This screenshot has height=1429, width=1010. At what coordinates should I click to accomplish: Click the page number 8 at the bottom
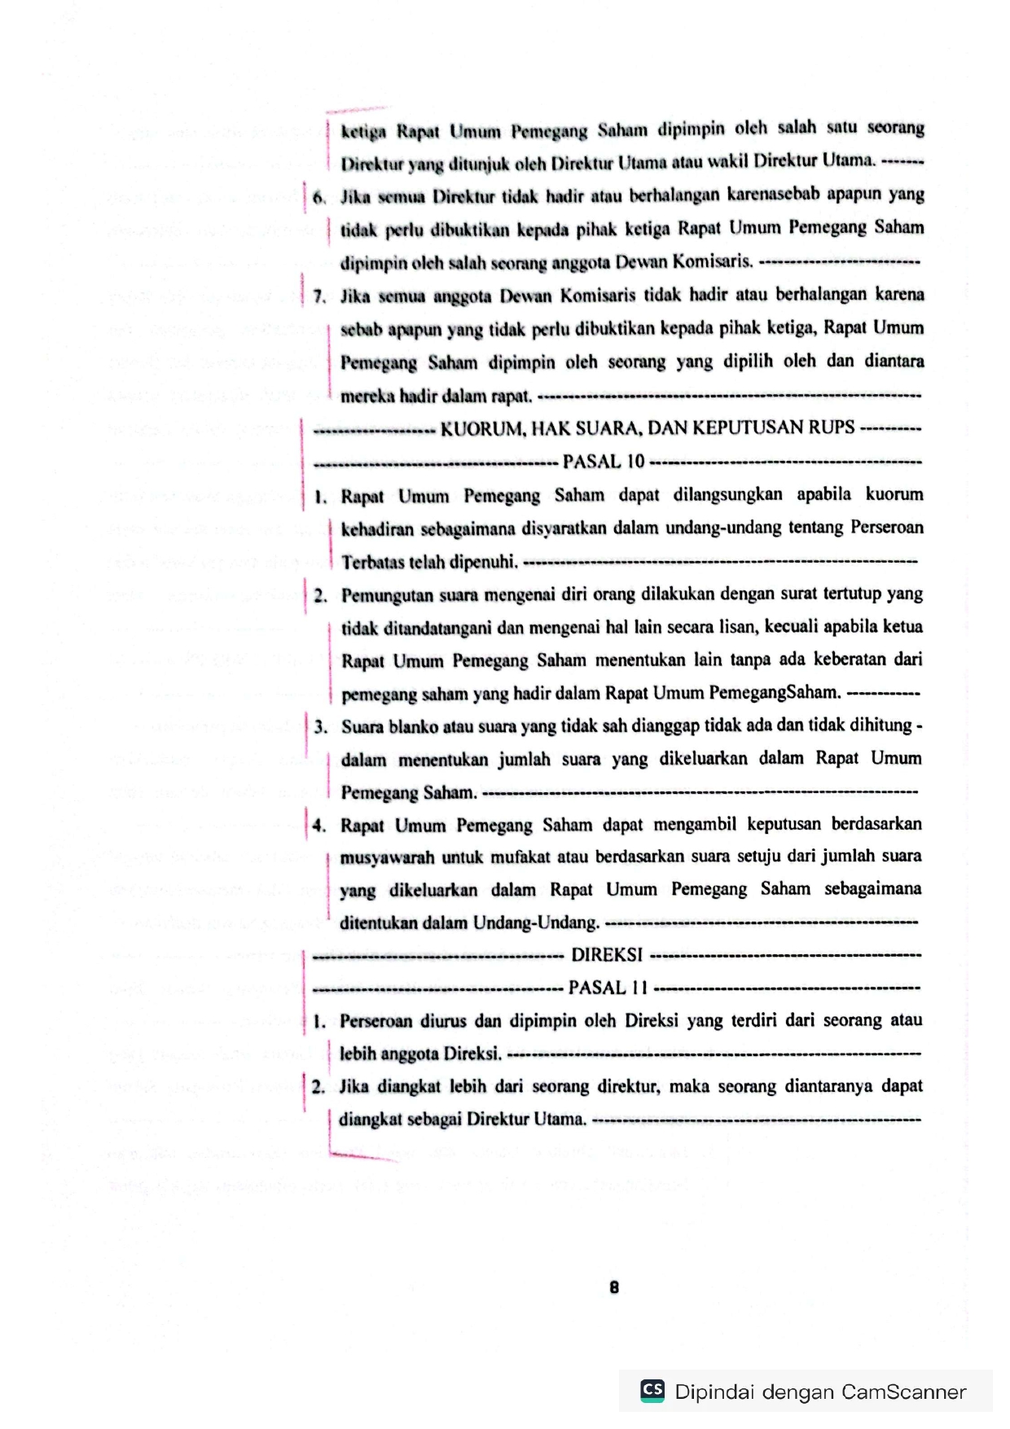pos(613,1287)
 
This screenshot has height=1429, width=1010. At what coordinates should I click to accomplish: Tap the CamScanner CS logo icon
pos(652,1390)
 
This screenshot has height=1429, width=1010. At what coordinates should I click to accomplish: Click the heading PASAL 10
pos(604,462)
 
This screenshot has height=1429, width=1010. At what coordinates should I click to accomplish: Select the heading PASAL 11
pos(608,988)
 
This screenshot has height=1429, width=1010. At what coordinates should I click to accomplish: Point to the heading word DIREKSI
pos(607,954)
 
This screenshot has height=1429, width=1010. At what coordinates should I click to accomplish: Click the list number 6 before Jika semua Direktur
pos(318,197)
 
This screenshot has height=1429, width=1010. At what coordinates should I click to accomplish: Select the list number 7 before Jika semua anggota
pos(318,296)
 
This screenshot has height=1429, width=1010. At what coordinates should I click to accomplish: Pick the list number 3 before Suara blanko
pos(320,726)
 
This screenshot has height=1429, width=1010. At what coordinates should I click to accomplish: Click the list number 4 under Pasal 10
pos(319,826)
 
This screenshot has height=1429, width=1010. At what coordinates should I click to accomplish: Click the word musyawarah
pos(387,857)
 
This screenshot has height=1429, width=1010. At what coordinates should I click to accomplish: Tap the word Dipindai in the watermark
pos(714,1392)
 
